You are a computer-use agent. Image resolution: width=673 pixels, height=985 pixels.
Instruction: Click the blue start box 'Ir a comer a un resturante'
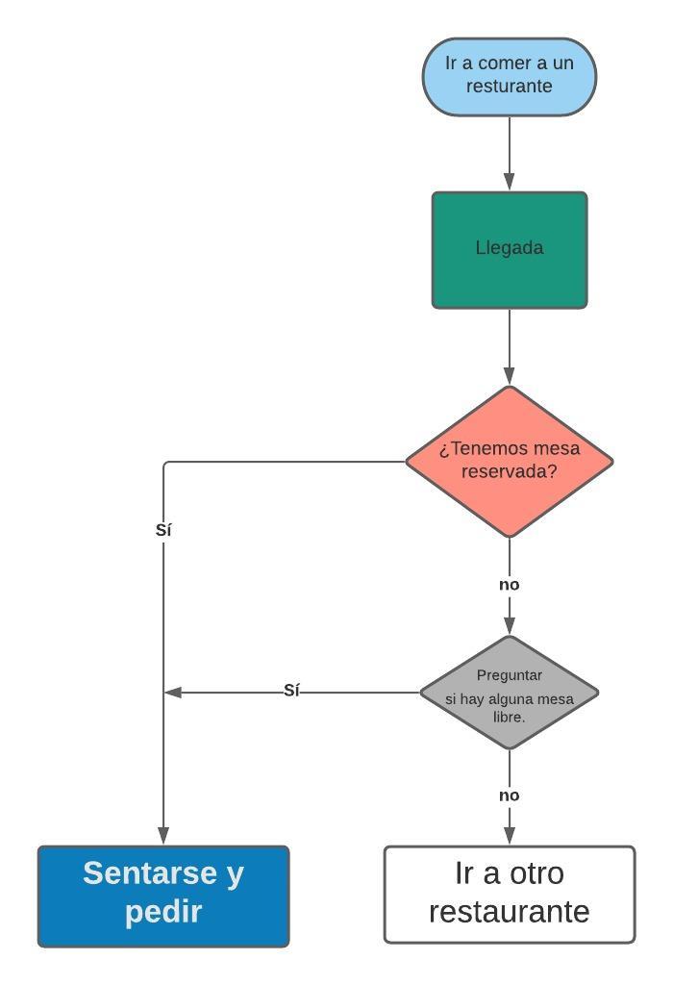[510, 76]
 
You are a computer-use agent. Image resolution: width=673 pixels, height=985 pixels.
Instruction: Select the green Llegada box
[510, 249]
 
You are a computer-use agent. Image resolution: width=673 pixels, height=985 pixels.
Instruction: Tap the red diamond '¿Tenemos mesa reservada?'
[510, 461]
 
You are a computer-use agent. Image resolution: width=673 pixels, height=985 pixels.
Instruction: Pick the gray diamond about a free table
[510, 692]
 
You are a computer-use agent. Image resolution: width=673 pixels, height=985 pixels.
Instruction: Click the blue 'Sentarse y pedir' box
[163, 896]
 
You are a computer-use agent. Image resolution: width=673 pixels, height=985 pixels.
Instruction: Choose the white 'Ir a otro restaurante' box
[510, 894]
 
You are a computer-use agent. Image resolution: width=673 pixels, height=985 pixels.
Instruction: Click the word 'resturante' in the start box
[510, 87]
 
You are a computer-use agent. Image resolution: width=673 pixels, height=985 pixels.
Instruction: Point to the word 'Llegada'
[510, 248]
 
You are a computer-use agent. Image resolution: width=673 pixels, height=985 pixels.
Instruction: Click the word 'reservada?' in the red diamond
[510, 472]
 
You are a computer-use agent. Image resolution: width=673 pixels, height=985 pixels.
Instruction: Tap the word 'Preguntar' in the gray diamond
[510, 675]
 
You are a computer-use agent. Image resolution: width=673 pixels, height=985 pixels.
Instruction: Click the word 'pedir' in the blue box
[163, 911]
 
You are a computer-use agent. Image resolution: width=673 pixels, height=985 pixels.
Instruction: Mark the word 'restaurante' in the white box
[510, 910]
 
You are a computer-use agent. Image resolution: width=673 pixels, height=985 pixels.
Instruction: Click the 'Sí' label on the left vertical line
[163, 530]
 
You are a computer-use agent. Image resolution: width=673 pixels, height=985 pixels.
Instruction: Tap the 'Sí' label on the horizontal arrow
[292, 691]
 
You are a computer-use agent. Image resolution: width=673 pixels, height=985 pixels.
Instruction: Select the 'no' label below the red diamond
[510, 585]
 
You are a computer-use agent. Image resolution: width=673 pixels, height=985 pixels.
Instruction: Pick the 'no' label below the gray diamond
[510, 796]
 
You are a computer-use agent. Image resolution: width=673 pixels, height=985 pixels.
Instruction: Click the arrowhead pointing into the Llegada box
[510, 182]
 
